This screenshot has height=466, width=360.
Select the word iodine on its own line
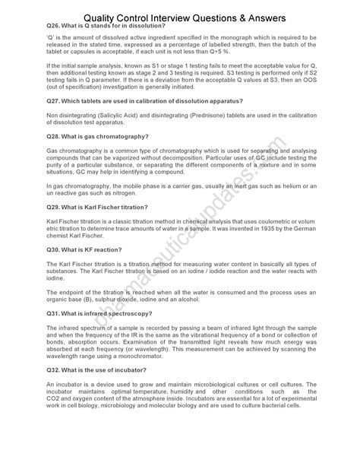click(x=56, y=278)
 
